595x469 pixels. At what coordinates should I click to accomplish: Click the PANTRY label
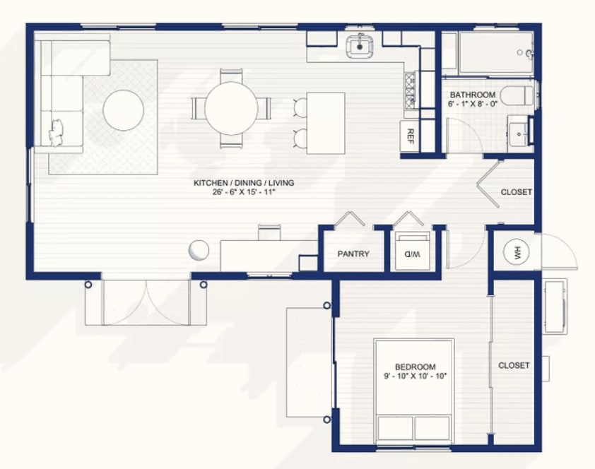(353, 254)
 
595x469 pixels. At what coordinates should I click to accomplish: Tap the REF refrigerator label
(410, 136)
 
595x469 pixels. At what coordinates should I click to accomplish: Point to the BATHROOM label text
(473, 95)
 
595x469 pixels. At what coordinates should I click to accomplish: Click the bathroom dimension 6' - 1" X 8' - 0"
(473, 104)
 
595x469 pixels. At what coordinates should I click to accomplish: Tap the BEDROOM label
(415, 367)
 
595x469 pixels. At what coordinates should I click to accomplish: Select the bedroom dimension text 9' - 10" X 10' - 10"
(415, 376)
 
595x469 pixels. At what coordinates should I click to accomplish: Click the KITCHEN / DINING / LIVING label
(244, 183)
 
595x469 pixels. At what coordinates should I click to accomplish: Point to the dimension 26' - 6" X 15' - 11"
(244, 192)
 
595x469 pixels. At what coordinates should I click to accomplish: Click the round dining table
(231, 109)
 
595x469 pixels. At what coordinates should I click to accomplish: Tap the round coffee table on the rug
(124, 110)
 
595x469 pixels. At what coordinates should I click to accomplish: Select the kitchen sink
(359, 46)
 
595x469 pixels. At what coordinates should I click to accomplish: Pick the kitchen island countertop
(326, 123)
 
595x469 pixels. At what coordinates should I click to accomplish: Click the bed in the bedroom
(414, 391)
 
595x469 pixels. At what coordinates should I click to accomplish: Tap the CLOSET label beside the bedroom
(514, 365)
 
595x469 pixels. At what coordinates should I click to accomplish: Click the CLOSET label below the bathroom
(516, 192)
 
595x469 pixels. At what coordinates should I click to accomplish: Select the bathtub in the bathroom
(496, 53)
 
